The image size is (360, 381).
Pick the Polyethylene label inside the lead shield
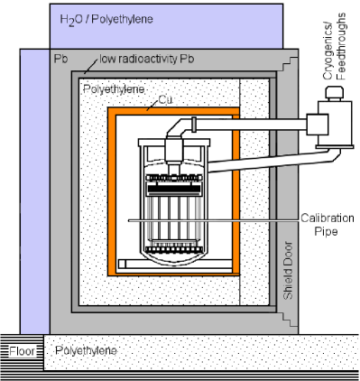click(110, 91)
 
